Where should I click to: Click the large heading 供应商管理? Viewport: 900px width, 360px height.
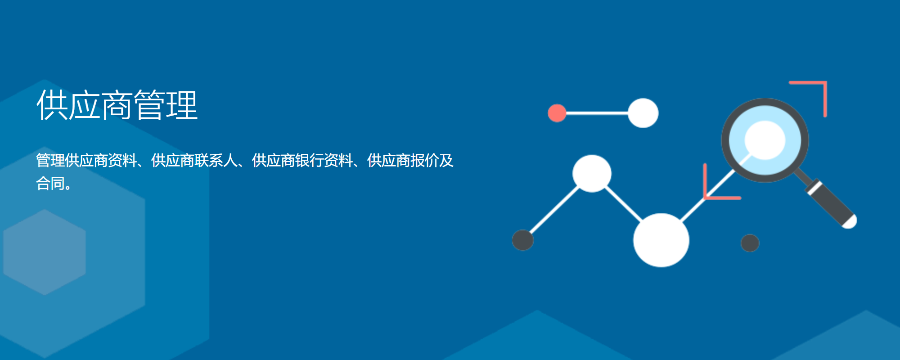click(x=117, y=105)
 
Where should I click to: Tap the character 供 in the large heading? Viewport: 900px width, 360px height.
click(x=52, y=105)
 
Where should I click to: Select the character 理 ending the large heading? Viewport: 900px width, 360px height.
click(x=182, y=105)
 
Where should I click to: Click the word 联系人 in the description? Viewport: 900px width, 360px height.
click(x=216, y=160)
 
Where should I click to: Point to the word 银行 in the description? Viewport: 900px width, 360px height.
click(x=310, y=160)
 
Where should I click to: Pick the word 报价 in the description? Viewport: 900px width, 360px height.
click(x=425, y=160)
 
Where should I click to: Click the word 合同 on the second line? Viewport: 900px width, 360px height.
click(x=50, y=183)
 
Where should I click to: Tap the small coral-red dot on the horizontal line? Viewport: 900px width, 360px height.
click(x=557, y=113)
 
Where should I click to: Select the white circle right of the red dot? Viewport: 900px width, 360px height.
click(x=643, y=113)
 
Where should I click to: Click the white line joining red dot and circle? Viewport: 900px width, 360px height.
click(x=597, y=113)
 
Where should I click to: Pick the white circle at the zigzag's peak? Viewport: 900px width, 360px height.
click(x=592, y=174)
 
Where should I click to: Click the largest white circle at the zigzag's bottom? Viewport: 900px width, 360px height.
click(x=661, y=240)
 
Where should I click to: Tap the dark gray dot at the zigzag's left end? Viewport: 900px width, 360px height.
click(x=523, y=240)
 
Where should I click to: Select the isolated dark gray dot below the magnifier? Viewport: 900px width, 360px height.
click(x=750, y=243)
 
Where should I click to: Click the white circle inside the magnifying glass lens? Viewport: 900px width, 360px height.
click(x=765, y=140)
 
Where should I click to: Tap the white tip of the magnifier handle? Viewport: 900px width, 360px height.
click(x=850, y=222)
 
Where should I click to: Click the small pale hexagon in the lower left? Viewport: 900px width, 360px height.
click(x=45, y=252)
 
